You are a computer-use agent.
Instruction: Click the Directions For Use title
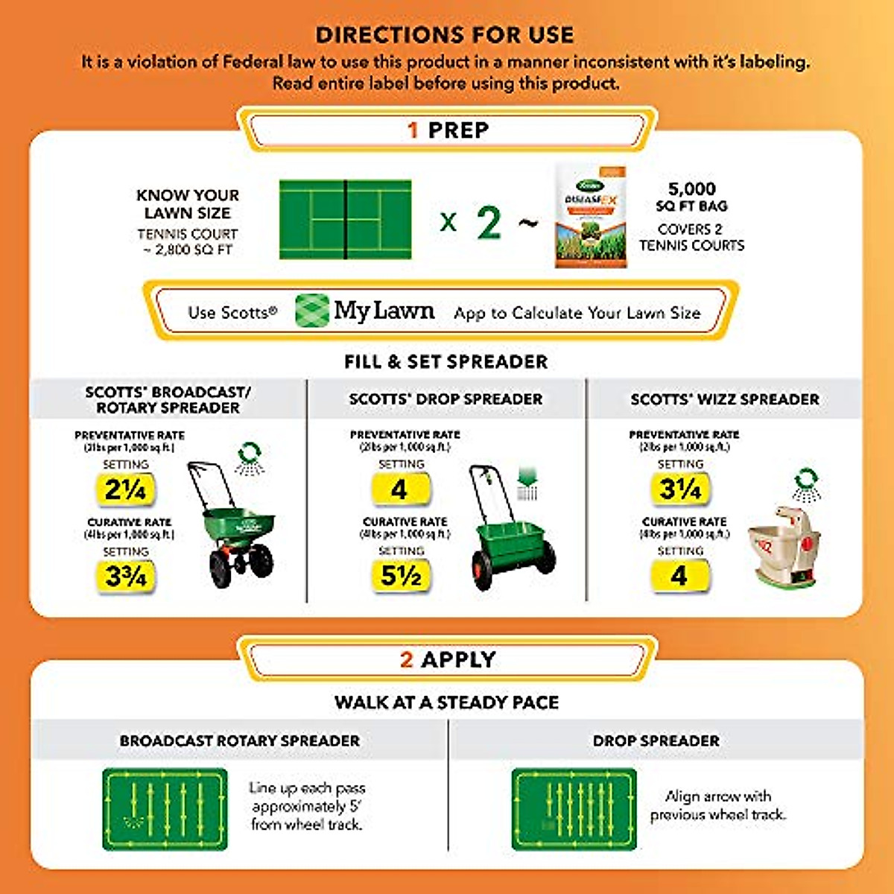(446, 34)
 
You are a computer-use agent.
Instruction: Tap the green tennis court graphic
(345, 219)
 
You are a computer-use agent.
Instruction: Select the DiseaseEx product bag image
(591, 217)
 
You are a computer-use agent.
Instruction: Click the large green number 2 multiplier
(489, 222)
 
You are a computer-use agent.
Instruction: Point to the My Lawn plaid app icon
(311, 311)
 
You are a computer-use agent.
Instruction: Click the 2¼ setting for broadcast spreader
(125, 489)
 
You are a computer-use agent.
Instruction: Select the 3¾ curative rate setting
(125, 576)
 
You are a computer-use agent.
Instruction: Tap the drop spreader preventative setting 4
(400, 489)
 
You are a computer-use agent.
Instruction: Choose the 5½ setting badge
(401, 575)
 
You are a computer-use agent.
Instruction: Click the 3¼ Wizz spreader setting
(679, 489)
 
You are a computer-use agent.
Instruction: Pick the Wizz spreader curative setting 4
(679, 575)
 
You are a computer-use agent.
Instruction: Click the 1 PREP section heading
(448, 130)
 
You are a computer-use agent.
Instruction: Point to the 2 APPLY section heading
(448, 659)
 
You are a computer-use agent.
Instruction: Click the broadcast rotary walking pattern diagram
(165, 809)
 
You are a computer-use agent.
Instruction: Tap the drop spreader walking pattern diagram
(574, 809)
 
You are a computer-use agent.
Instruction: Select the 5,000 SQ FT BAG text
(691, 197)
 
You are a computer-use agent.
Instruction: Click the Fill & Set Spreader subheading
(446, 362)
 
